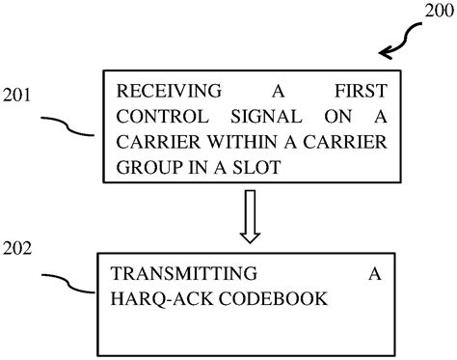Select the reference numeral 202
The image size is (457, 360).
18,248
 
